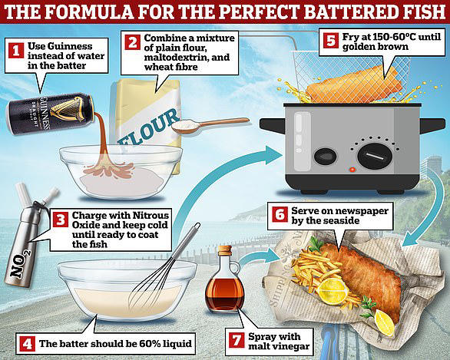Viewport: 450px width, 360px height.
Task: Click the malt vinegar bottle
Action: (225, 288)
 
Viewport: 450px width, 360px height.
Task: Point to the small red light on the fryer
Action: (351, 169)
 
